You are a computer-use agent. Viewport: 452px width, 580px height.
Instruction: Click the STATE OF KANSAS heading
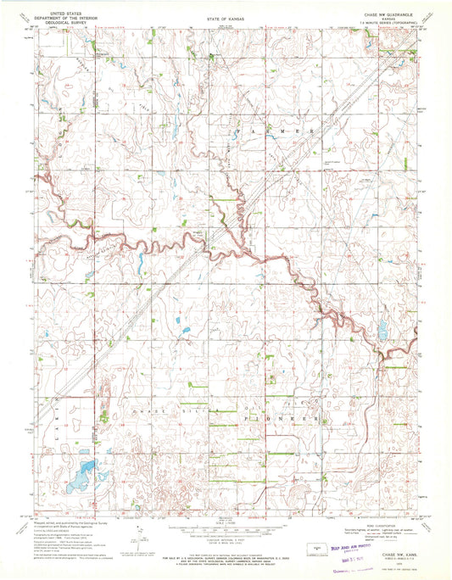[225, 16]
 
